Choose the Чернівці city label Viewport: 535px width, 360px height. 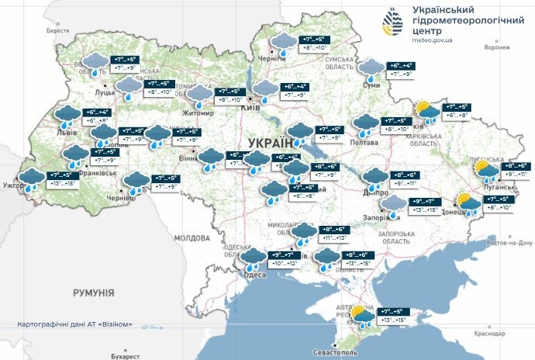(x=120, y=198)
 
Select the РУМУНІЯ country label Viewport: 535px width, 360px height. (x=93, y=293)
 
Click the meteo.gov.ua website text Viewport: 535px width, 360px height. (x=423, y=44)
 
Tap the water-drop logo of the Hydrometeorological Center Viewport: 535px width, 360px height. (x=391, y=24)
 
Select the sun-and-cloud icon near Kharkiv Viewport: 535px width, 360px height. (x=425, y=110)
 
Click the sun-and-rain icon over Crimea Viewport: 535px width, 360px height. (x=361, y=316)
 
